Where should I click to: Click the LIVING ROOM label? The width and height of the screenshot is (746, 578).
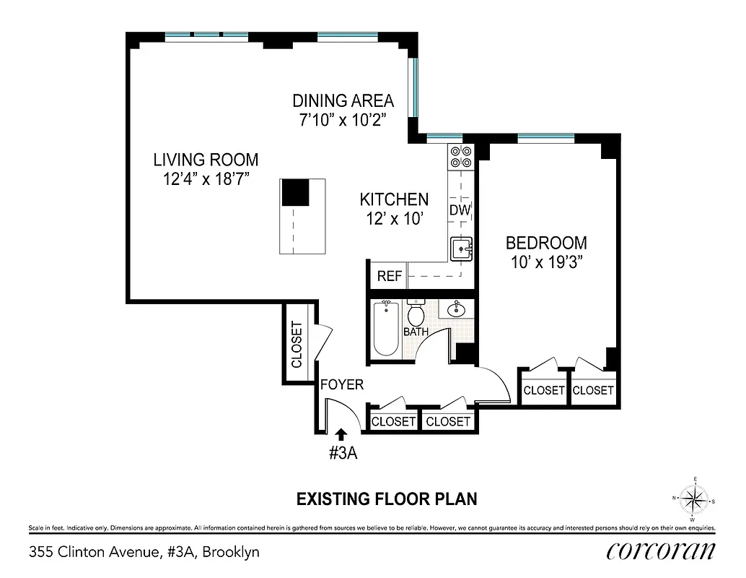206,160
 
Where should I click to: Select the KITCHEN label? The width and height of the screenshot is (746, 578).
394,199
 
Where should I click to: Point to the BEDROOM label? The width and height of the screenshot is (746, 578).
545,243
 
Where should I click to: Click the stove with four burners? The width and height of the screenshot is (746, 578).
461,158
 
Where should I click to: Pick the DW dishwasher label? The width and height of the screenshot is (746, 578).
460,210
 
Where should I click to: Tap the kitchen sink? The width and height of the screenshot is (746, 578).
461,249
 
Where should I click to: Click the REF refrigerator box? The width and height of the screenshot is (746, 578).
390,276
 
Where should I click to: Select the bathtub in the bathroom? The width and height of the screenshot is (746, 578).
386,329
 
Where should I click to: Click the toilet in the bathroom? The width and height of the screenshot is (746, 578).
416,314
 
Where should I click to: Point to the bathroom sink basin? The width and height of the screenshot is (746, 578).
457,310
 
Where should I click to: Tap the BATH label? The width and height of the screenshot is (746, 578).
416,332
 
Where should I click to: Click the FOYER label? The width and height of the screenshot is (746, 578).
342,385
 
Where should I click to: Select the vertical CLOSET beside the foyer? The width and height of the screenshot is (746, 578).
297,344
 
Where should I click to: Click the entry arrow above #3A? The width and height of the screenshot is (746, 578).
341,433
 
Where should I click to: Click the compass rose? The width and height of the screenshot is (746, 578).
693,499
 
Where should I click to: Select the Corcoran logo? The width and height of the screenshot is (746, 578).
661,551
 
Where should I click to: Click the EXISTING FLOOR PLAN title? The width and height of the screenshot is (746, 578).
387,499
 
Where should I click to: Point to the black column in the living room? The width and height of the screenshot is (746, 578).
294,193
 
